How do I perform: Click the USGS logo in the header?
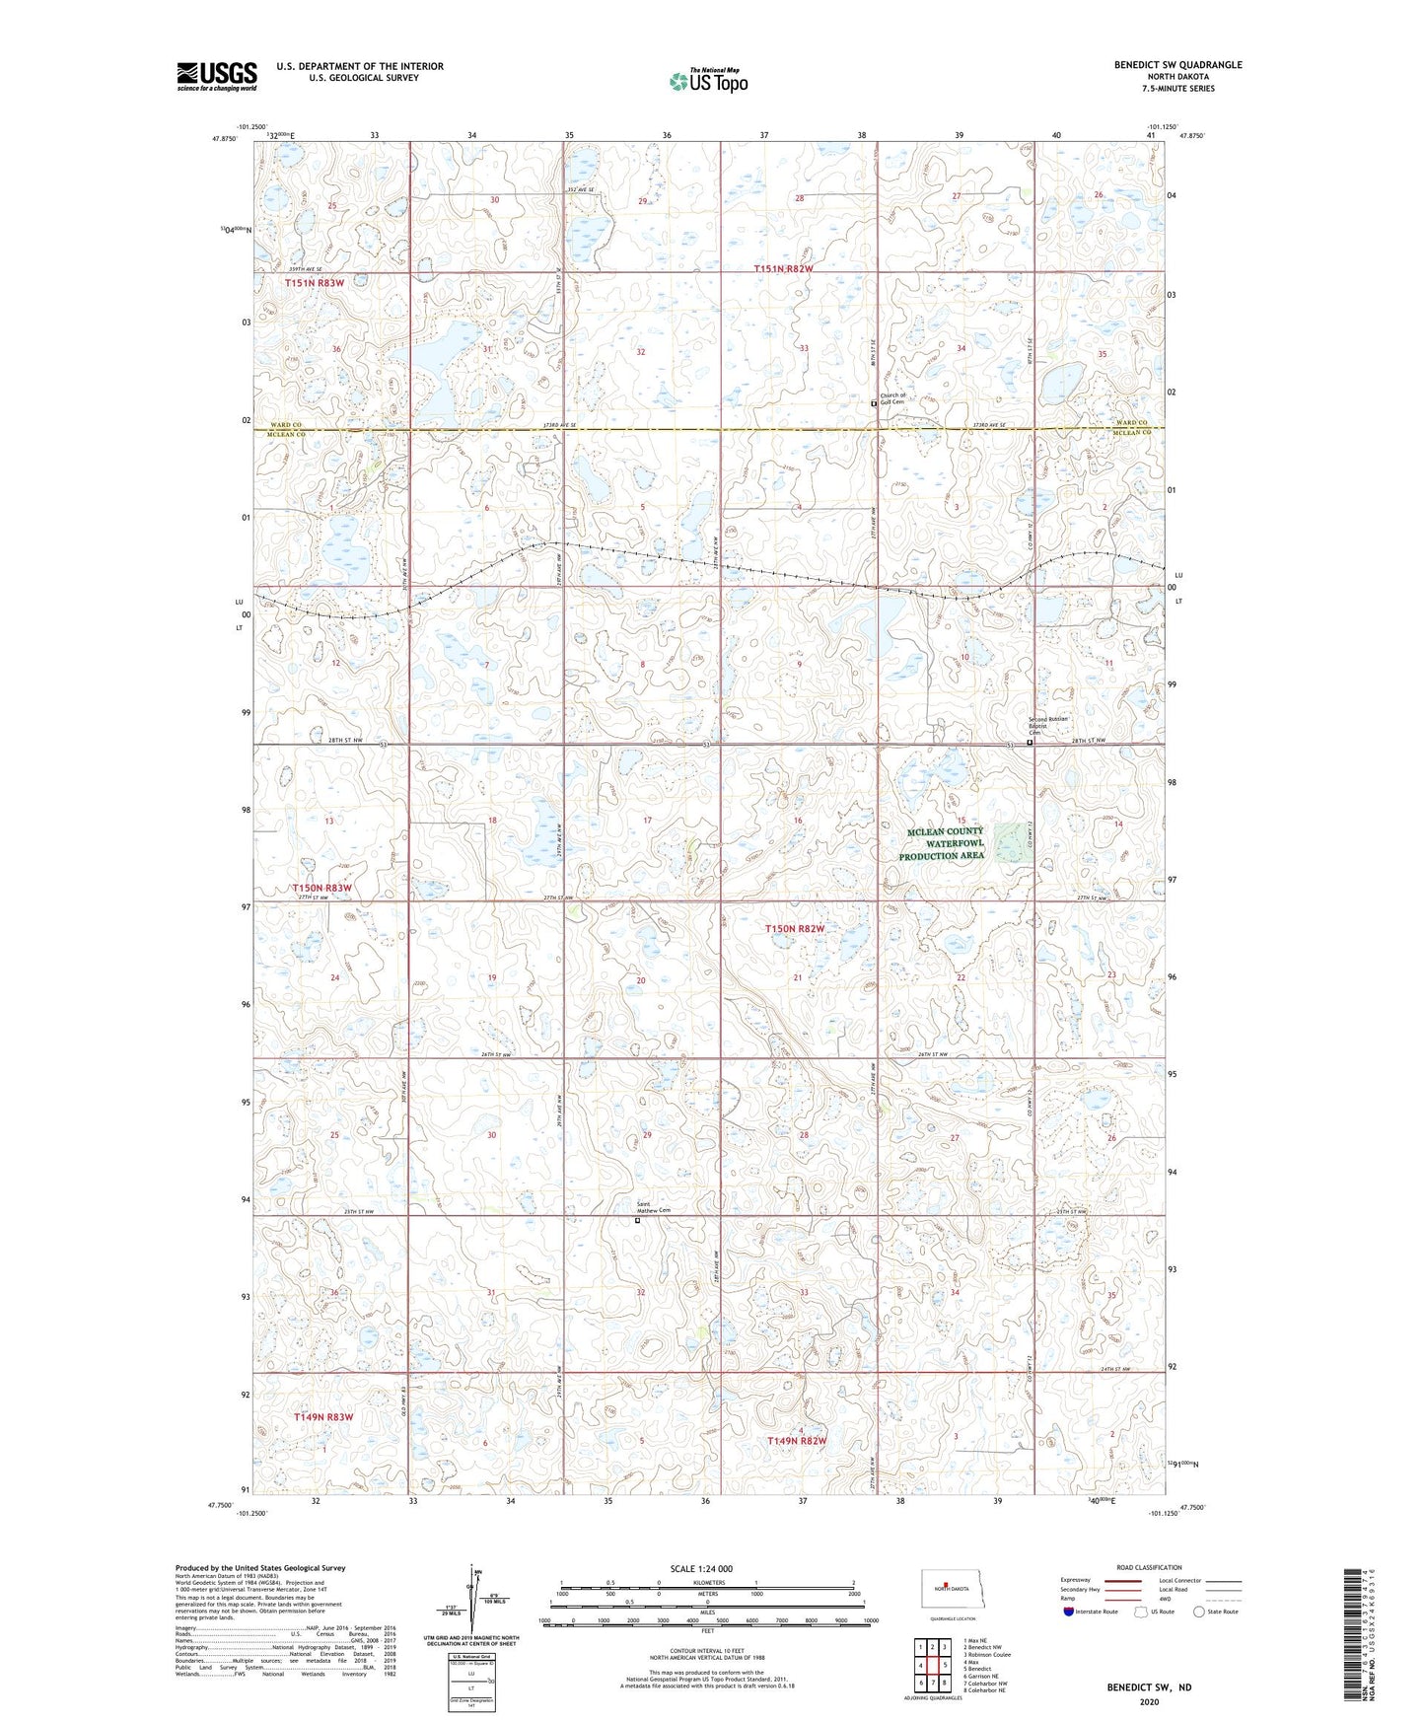pyautogui.click(x=216, y=76)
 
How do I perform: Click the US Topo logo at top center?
pyautogui.click(x=708, y=80)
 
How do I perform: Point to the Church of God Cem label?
pyautogui.click(x=892, y=398)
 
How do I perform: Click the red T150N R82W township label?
pyautogui.click(x=795, y=929)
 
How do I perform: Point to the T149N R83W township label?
pyautogui.click(x=322, y=1416)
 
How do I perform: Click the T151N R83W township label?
pyautogui.click(x=315, y=283)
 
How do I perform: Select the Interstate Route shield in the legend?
pyautogui.click(x=1069, y=1612)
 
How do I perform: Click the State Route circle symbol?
pyautogui.click(x=1199, y=1612)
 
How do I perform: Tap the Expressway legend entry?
pyautogui.click(x=1076, y=1580)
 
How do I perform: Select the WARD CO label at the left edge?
pyautogui.click(x=285, y=424)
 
